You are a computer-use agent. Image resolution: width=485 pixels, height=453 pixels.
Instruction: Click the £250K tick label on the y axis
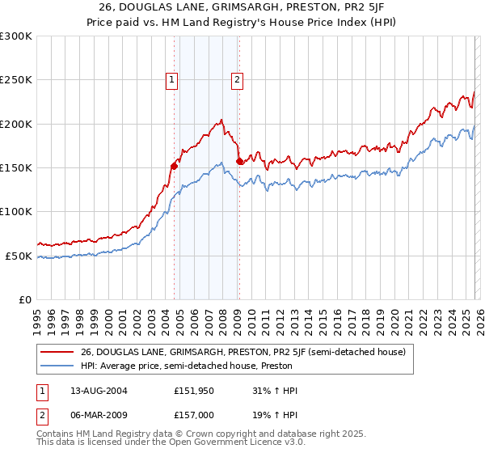(16, 80)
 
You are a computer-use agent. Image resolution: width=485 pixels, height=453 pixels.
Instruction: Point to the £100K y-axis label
(16, 212)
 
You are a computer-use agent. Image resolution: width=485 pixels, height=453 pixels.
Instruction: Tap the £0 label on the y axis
(24, 300)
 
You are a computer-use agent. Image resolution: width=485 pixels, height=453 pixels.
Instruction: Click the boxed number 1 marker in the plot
(173, 79)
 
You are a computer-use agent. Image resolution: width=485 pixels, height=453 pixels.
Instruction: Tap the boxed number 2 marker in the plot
(237, 79)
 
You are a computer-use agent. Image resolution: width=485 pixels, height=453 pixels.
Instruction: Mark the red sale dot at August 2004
(174, 166)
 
